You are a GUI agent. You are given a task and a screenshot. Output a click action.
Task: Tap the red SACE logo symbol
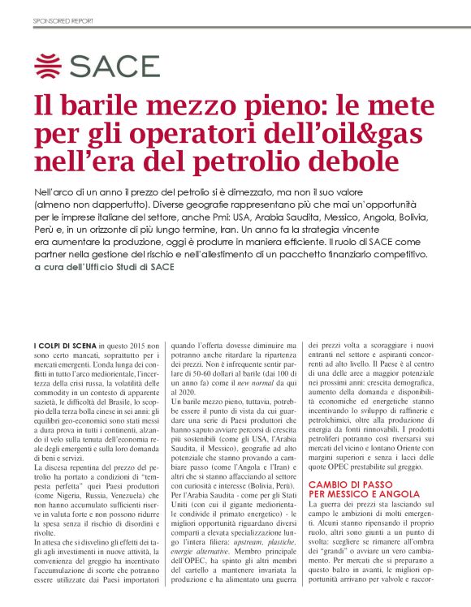point(50,66)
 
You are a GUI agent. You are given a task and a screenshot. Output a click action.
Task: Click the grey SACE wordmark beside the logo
point(115,66)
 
